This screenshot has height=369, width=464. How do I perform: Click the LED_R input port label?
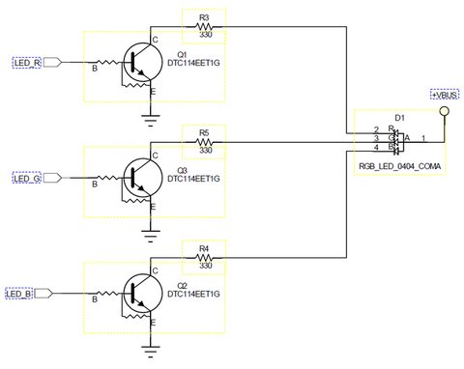(x=26, y=63)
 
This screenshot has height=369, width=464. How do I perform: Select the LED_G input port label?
(x=26, y=178)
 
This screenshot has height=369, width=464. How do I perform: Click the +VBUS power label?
(x=444, y=96)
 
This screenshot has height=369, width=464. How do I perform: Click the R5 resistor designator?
(x=203, y=132)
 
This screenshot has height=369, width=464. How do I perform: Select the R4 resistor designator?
(x=203, y=248)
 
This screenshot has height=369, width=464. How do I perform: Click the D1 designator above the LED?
(x=400, y=117)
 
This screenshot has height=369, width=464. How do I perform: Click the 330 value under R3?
(x=205, y=35)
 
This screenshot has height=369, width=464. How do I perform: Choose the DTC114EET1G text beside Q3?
(x=194, y=179)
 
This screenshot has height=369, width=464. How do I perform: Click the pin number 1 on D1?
(x=421, y=139)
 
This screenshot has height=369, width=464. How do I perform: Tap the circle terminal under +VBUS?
(x=445, y=112)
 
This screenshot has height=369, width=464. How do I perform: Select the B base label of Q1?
(x=94, y=70)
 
